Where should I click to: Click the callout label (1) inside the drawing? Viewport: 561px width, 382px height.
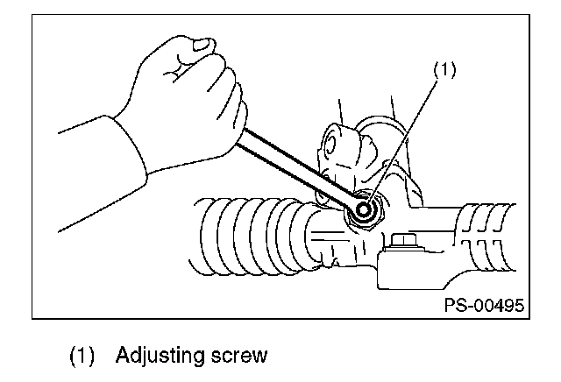(x=444, y=69)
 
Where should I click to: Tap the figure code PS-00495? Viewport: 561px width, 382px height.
(x=484, y=306)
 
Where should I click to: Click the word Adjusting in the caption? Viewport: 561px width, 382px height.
(x=160, y=357)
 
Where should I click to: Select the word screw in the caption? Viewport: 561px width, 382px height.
(x=238, y=356)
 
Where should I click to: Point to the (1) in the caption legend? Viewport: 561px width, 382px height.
(x=82, y=357)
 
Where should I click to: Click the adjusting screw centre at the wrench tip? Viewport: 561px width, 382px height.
(x=364, y=209)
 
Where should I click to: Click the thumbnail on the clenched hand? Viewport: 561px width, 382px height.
(x=202, y=45)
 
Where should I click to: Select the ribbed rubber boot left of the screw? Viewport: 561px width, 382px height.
(x=251, y=237)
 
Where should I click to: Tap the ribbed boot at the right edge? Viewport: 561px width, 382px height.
(x=486, y=237)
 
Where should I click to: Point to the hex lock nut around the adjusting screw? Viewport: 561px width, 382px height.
(x=365, y=211)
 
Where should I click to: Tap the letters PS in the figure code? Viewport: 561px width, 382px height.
(x=454, y=306)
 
